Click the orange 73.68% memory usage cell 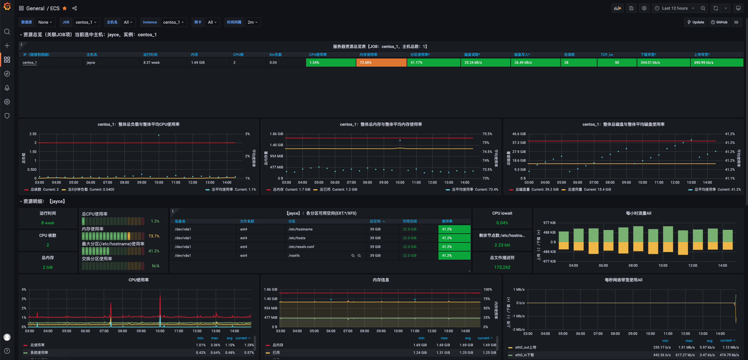[381, 63]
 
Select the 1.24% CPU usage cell [331, 63]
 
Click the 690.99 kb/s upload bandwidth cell [716, 63]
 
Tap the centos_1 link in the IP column [30, 63]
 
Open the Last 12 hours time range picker [675, 8]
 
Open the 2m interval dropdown [253, 22]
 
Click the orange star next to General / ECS [65, 8]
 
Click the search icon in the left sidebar [7, 32]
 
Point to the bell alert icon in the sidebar [7, 88]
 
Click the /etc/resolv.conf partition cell [301, 247]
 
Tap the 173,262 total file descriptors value [502, 267]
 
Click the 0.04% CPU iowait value [502, 223]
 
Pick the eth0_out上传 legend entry [525, 347]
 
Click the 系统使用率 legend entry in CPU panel [39, 353]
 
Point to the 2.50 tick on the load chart [33, 134]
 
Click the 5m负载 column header [275, 55]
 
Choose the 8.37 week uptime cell [151, 63]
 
